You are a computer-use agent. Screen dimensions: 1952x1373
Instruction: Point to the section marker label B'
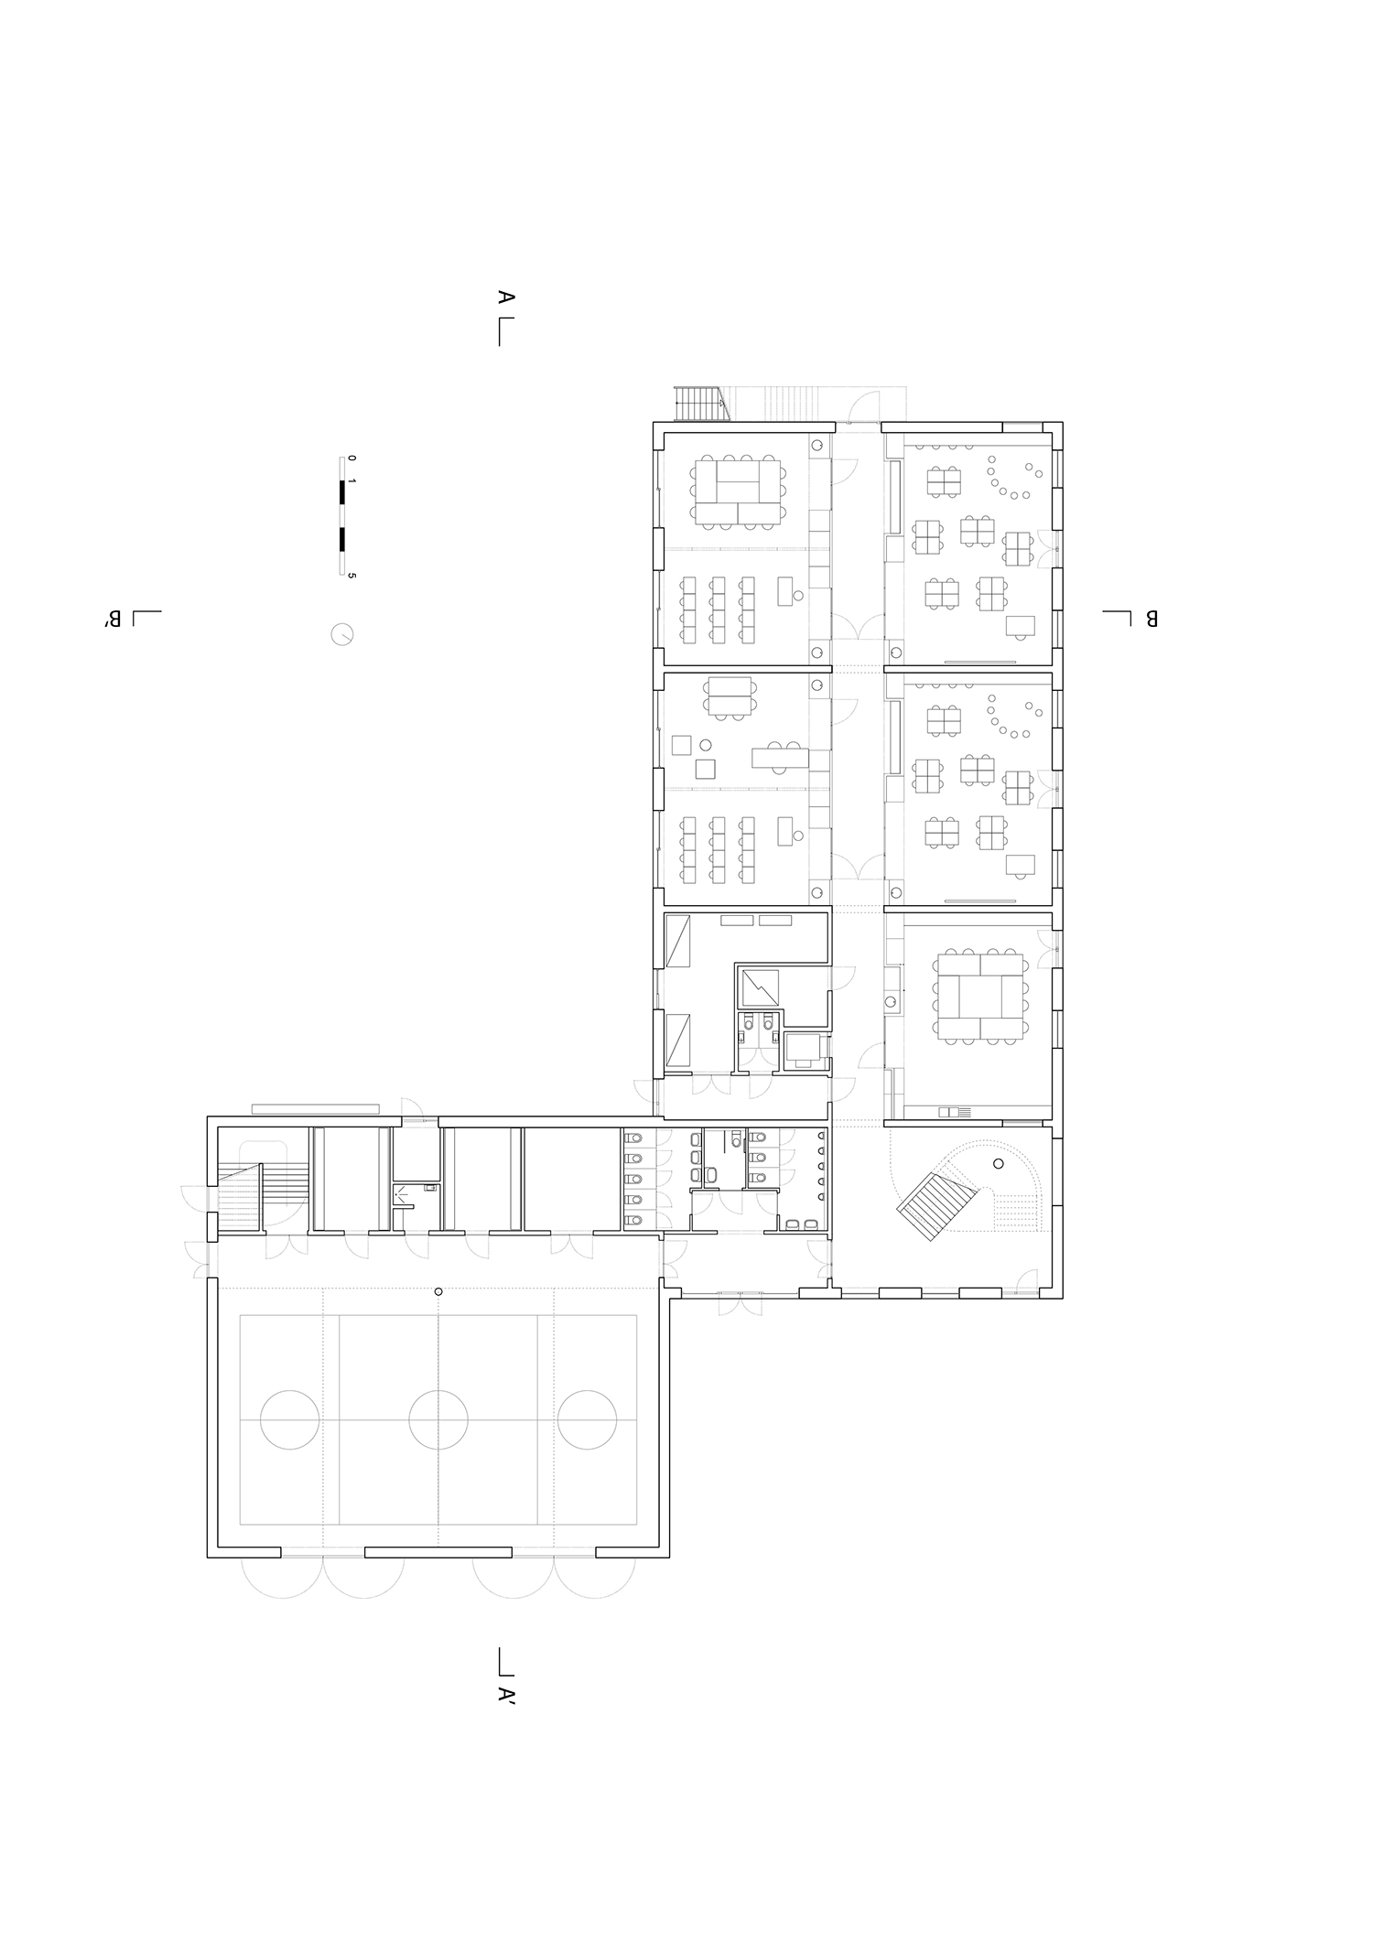click(x=114, y=620)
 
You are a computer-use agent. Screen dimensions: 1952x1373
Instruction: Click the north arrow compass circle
click(x=342, y=634)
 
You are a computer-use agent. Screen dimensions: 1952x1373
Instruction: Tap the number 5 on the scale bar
click(x=352, y=576)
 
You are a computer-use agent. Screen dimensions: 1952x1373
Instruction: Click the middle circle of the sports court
click(x=438, y=1419)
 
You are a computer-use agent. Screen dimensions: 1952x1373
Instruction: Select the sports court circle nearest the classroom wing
click(x=588, y=1419)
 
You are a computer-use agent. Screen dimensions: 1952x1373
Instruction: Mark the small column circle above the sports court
click(x=438, y=1291)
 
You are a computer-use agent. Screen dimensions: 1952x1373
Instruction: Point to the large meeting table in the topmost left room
click(x=737, y=492)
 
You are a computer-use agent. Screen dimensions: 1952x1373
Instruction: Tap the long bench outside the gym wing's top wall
click(x=316, y=1108)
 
